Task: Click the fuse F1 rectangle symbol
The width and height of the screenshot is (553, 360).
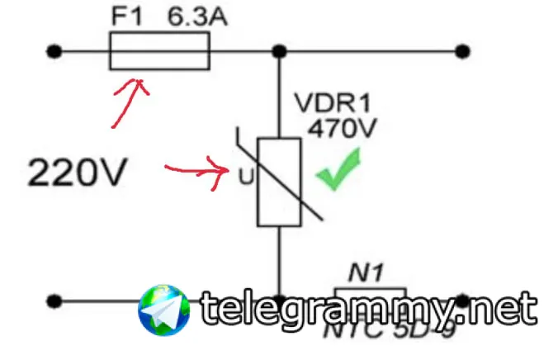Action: pyautogui.click(x=159, y=52)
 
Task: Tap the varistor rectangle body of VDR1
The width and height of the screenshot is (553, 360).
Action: pyautogui.click(x=279, y=182)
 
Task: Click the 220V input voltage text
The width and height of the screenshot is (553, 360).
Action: pyautogui.click(x=79, y=173)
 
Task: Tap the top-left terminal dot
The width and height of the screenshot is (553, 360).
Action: pyautogui.click(x=54, y=52)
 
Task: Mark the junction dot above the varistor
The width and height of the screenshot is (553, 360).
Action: pyautogui.click(x=279, y=52)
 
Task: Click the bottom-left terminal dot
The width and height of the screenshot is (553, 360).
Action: pyautogui.click(x=54, y=301)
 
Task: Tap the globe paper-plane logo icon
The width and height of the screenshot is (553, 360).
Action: pyautogui.click(x=164, y=310)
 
